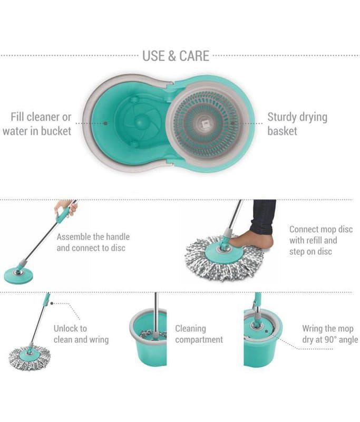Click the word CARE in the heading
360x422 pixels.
[x=194, y=56]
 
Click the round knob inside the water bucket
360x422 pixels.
[x=140, y=122]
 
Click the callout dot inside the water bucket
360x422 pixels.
[x=105, y=123]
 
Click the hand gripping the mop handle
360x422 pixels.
[x=66, y=207]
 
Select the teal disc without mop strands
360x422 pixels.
[x=18, y=275]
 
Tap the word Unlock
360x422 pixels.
[x=70, y=328]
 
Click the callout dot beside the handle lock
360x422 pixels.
[x=52, y=303]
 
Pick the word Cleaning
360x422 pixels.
[x=191, y=329]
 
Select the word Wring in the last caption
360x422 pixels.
[x=312, y=329]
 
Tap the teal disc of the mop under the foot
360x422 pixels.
[x=223, y=253]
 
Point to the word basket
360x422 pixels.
[x=283, y=131]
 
